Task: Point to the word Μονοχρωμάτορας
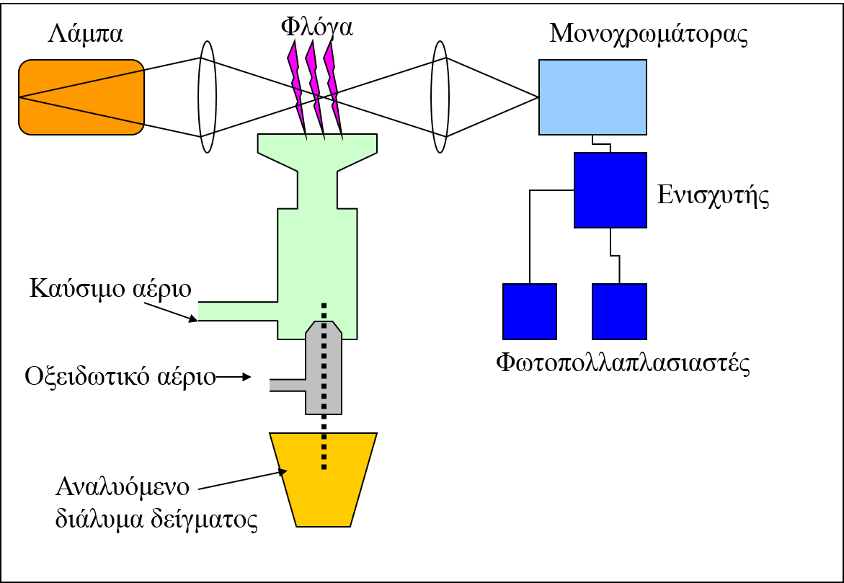tap(647, 34)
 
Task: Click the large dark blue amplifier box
tap(610, 190)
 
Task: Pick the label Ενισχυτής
tap(714, 195)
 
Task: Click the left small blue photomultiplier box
tap(530, 311)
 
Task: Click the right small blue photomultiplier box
tap(619, 311)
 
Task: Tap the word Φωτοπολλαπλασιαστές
tap(623, 362)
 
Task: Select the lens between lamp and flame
tap(208, 97)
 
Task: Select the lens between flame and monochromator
tap(440, 97)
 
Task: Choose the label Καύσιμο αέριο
tap(110, 289)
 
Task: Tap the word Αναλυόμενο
tap(123, 486)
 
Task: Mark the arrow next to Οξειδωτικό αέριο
tap(235, 376)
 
